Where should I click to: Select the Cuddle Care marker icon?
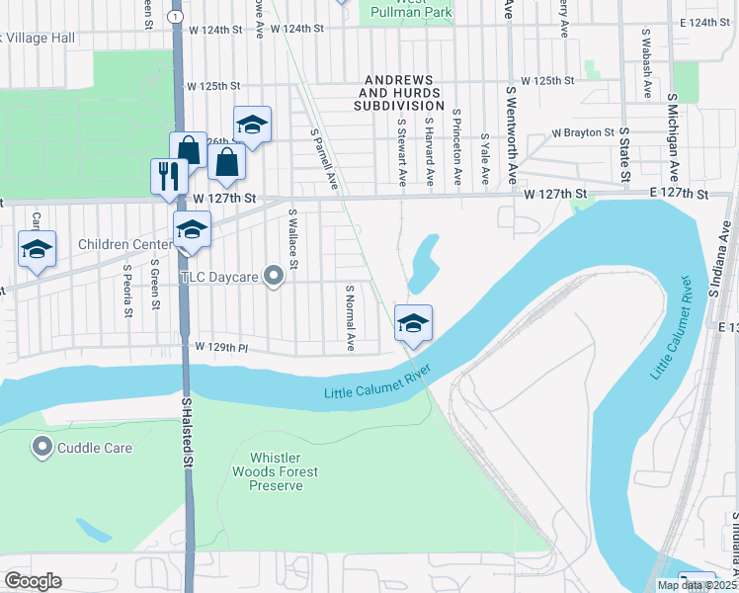coord(42,448)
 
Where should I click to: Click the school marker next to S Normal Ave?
coord(413,322)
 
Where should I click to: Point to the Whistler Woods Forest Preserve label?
coord(284,471)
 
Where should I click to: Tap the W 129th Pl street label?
coord(220,347)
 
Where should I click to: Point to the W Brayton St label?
coord(583,131)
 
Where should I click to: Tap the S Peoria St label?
coord(127,290)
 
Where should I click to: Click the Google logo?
coord(34,580)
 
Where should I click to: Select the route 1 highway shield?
coord(175,17)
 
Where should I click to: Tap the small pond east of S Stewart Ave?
coord(425,262)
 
